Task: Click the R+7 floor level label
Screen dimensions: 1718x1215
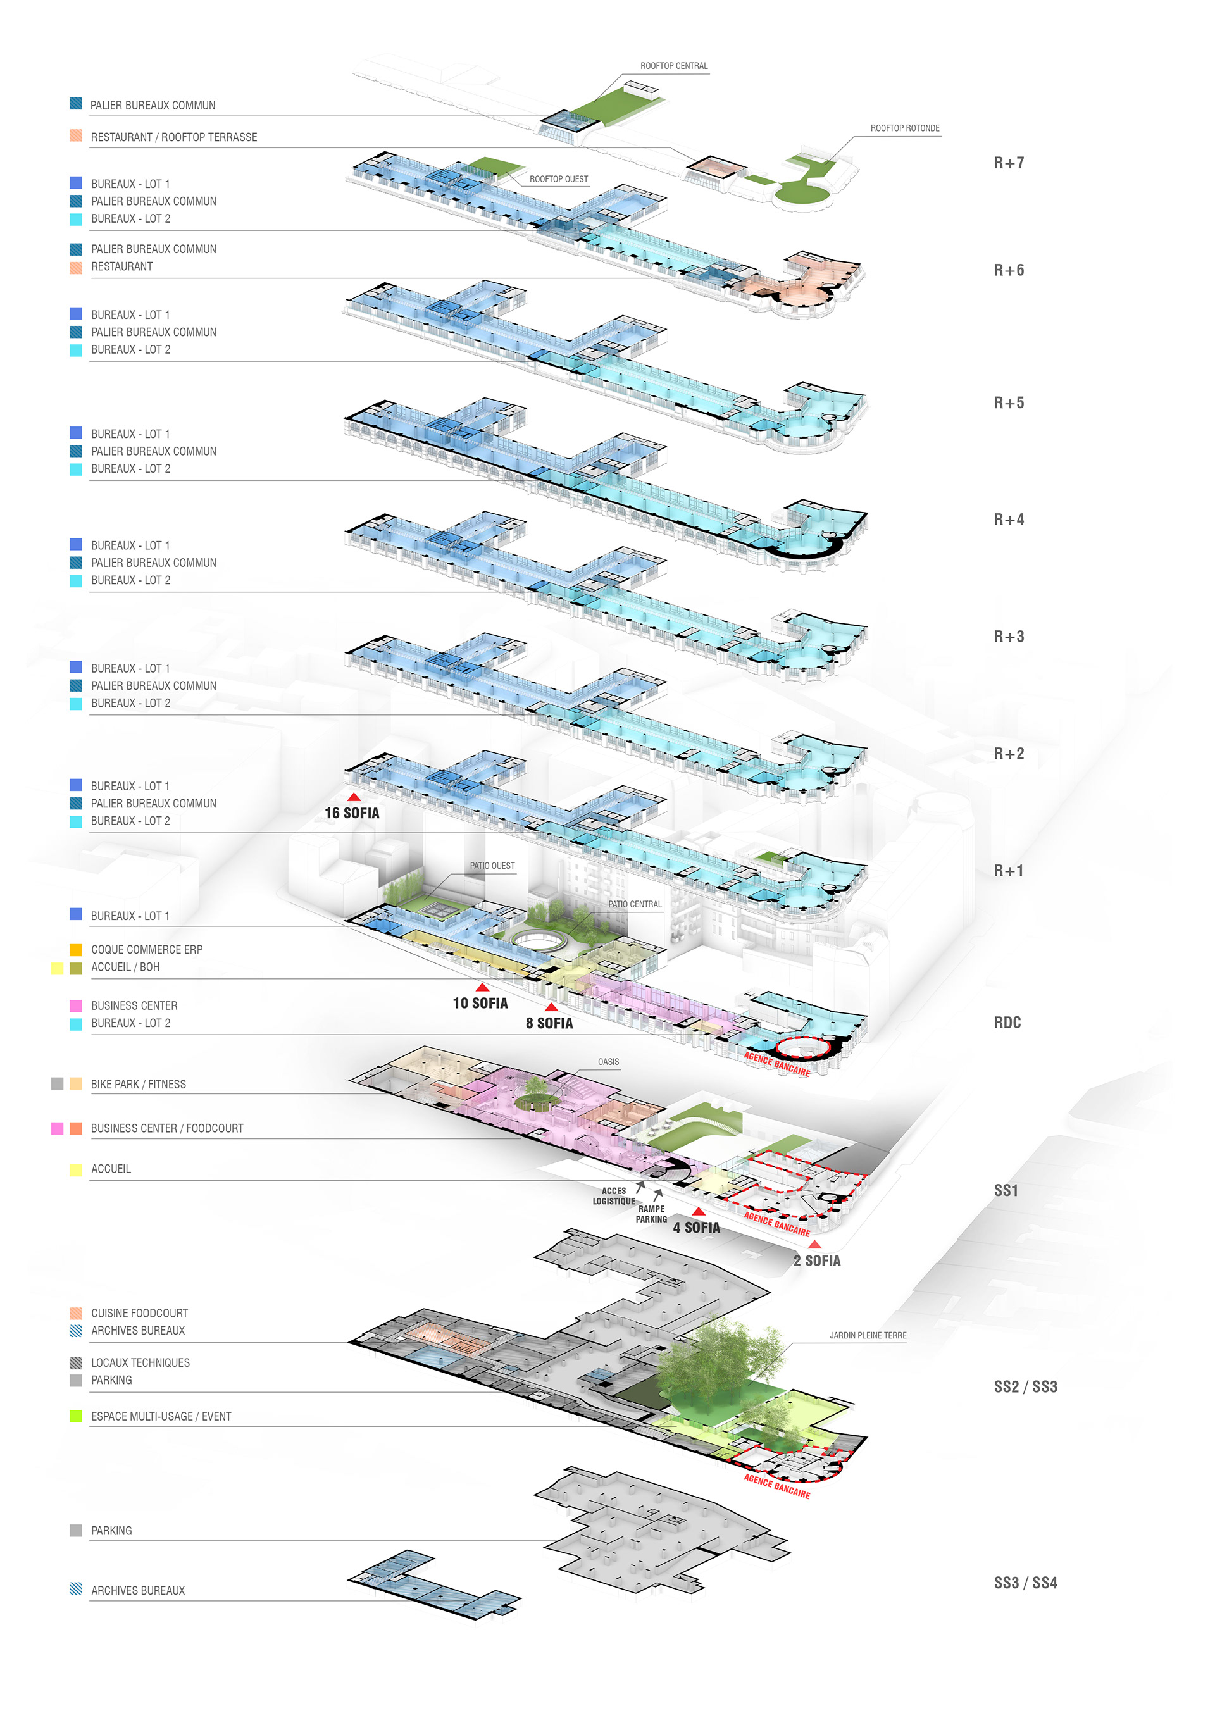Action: tap(1009, 163)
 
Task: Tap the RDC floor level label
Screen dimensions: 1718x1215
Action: tap(1007, 1023)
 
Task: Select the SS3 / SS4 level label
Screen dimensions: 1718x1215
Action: tap(1025, 1583)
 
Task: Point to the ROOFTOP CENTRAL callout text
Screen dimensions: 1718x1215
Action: tap(673, 66)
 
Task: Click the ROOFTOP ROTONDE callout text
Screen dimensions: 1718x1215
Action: tap(904, 128)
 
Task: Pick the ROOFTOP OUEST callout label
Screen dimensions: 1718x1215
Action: tap(558, 179)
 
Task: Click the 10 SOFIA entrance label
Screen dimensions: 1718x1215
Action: tap(480, 1004)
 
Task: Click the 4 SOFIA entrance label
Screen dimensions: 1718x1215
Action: tap(696, 1228)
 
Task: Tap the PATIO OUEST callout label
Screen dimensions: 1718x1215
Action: tap(492, 866)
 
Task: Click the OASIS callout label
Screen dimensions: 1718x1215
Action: tap(608, 1062)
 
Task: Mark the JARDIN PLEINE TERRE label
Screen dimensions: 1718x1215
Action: tap(868, 1335)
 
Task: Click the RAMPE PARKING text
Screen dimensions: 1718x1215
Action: tap(651, 1214)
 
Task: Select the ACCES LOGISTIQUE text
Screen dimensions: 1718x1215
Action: tap(613, 1196)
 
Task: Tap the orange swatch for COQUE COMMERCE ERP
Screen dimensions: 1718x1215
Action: tap(75, 950)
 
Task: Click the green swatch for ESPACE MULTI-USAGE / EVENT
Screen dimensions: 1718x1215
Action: tap(75, 1416)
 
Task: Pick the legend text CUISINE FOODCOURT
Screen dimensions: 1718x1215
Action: tap(139, 1313)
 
